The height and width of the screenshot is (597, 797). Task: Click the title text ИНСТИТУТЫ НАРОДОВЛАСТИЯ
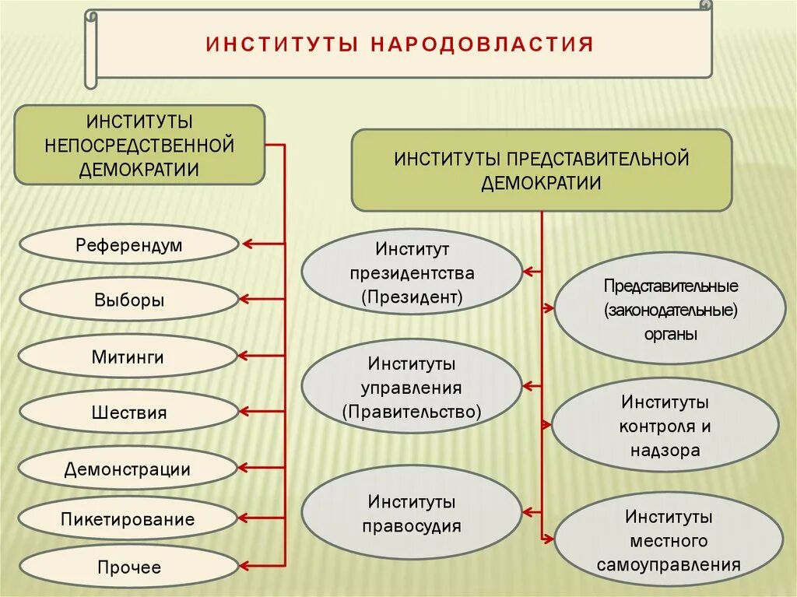point(399,43)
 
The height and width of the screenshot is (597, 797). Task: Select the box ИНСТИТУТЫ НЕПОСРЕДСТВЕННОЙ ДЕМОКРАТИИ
point(139,146)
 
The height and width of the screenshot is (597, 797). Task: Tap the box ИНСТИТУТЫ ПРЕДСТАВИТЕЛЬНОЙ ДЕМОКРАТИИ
point(541,170)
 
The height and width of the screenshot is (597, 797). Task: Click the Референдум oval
point(128,245)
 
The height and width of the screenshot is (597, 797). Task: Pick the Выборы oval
point(128,300)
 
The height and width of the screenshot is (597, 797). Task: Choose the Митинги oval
point(128,357)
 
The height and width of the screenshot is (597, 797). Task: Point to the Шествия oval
point(128,412)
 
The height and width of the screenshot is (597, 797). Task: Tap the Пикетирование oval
point(128,519)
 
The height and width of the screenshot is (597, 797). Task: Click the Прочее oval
point(128,567)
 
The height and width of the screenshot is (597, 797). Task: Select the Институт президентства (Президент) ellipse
point(412,272)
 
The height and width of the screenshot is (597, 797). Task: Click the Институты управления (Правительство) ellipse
point(412,387)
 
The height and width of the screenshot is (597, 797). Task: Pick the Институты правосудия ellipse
point(412,514)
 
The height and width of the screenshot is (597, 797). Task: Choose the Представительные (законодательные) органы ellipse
point(670,310)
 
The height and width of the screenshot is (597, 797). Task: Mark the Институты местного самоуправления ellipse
point(669,539)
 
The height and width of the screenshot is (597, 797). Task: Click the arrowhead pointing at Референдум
point(248,244)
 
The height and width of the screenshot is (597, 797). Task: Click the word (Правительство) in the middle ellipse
point(412,411)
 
